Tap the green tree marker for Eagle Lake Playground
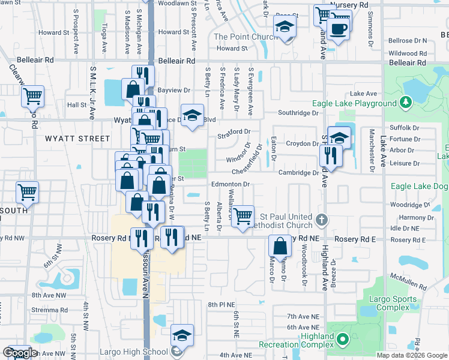click(x=406, y=102)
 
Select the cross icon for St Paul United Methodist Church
click(x=322, y=220)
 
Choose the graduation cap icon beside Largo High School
click(x=182, y=335)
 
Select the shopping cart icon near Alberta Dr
click(x=243, y=215)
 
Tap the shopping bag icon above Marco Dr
click(x=280, y=245)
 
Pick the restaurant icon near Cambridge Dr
click(x=330, y=156)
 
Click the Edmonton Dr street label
click(x=229, y=184)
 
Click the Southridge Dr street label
click(x=298, y=113)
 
